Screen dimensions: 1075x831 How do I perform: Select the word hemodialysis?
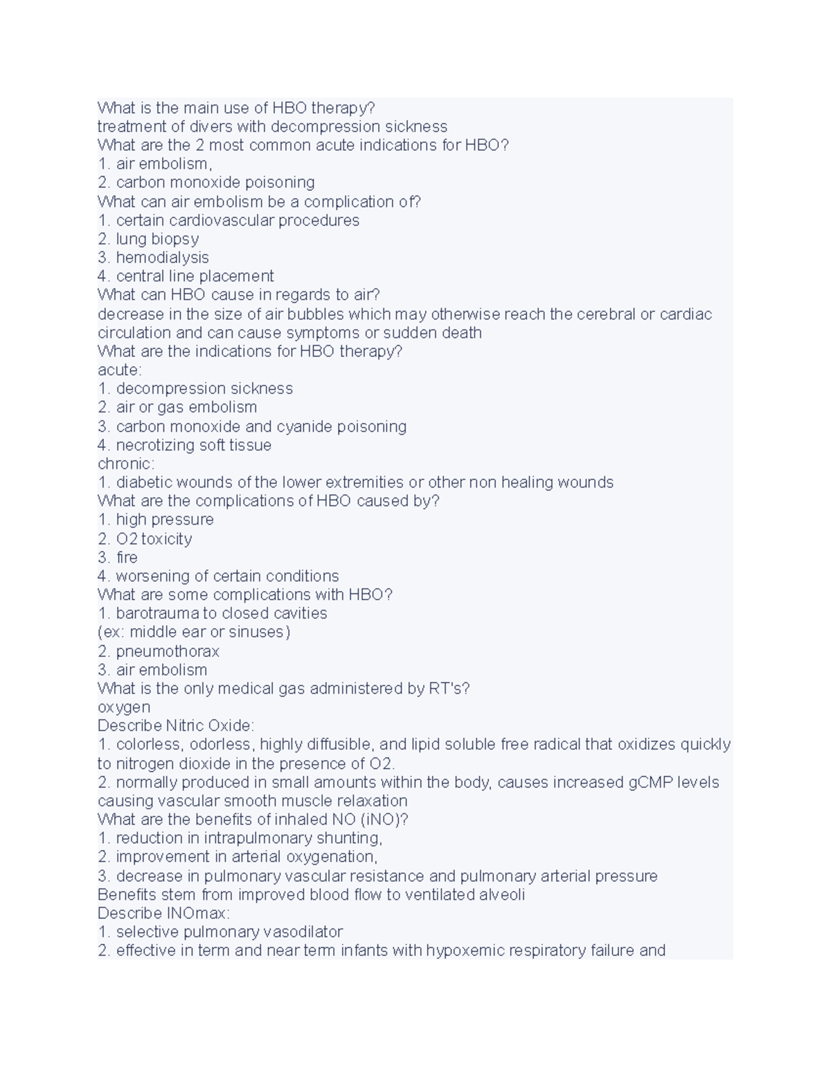pyautogui.click(x=162, y=258)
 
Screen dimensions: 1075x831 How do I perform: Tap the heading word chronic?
pyautogui.click(x=126, y=464)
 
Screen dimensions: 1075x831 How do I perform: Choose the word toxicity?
pyautogui.click(x=166, y=539)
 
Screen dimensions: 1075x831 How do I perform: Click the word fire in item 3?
pyautogui.click(x=127, y=557)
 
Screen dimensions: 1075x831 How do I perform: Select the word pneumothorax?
pyautogui.click(x=168, y=651)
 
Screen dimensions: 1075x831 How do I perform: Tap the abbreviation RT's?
pyautogui.click(x=450, y=689)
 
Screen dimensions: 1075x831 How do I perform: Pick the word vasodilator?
pyautogui.click(x=303, y=932)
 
